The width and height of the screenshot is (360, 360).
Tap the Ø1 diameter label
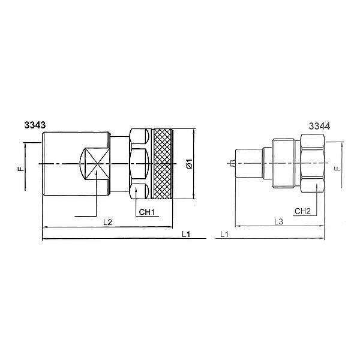pos(188,163)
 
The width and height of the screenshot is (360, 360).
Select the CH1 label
pos(147,212)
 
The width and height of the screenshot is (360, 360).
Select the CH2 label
pos(302,212)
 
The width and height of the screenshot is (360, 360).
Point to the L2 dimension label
pos(108,221)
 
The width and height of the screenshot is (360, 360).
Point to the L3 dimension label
pos(278,221)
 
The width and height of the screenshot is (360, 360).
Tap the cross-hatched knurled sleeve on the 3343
pos(163,164)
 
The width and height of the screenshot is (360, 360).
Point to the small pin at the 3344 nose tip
pos(231,163)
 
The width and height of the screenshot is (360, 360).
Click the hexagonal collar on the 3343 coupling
pos(139,163)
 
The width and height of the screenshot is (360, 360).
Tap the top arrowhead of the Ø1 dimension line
pos(195,130)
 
